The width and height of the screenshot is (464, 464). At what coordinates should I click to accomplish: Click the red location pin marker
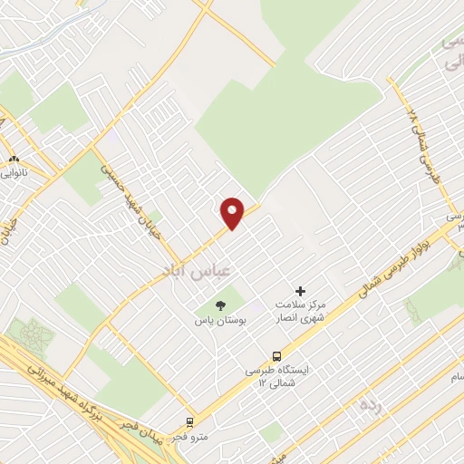[x=233, y=212]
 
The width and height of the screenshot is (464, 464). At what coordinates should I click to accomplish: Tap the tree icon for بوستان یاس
[x=218, y=305]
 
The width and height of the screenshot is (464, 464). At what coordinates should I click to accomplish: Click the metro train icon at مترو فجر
[x=190, y=421]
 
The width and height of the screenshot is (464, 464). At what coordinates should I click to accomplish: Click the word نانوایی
[x=14, y=170]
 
